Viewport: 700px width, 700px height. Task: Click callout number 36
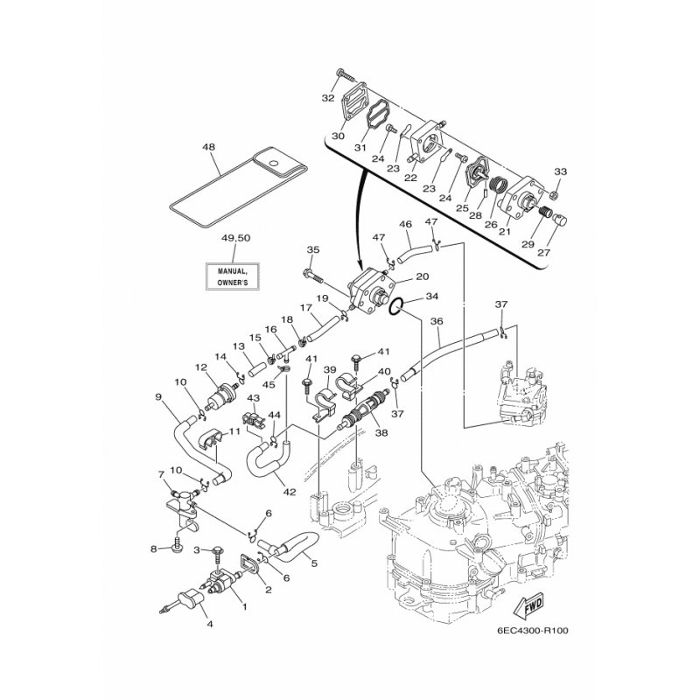(437, 321)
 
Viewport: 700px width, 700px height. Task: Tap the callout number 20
(422, 276)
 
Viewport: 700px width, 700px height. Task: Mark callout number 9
(159, 396)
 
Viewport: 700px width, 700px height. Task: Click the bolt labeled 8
(176, 548)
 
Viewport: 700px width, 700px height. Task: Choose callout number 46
(406, 225)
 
